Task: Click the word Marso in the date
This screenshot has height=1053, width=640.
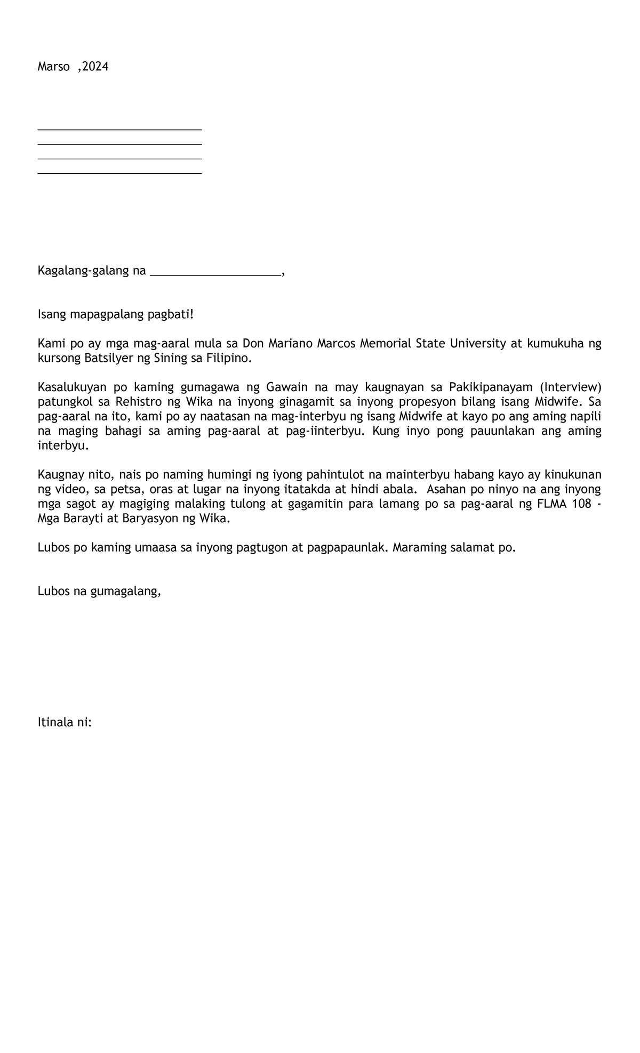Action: pyautogui.click(x=53, y=67)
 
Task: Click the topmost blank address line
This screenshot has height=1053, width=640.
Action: pyautogui.click(x=119, y=129)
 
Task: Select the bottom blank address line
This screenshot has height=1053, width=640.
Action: pyautogui.click(x=119, y=173)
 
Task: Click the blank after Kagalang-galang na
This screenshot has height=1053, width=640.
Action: pyautogui.click(x=215, y=274)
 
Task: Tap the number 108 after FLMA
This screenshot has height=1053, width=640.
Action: pyautogui.click(x=581, y=504)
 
